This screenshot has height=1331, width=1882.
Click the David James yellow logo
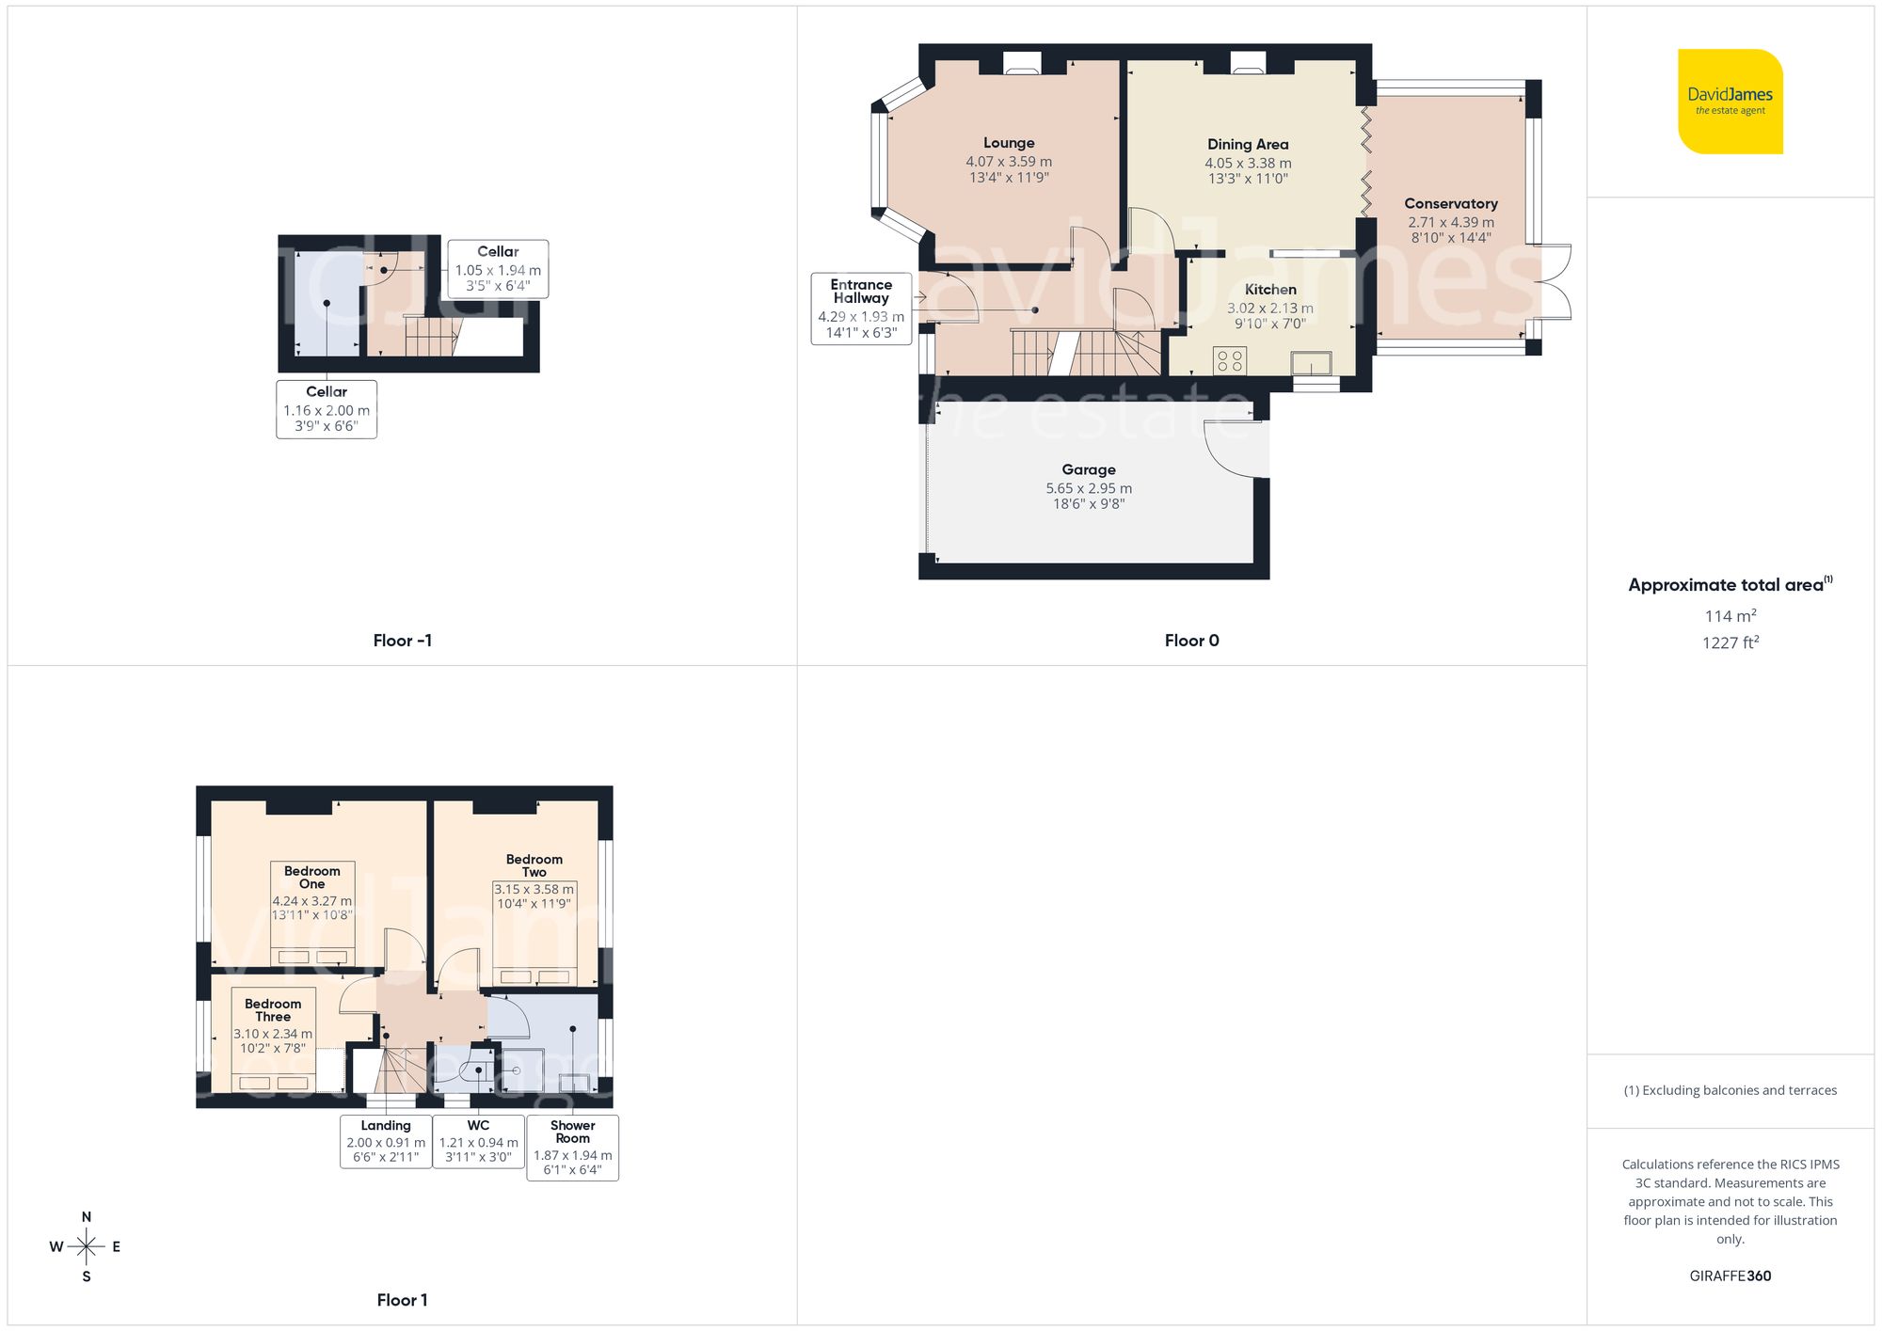tap(1730, 102)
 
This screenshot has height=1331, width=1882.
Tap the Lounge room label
tap(1009, 143)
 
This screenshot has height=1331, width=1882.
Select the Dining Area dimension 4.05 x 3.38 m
tap(1248, 163)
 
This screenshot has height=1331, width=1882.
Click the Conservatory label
tap(1450, 203)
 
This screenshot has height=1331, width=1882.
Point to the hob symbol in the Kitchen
tap(1230, 360)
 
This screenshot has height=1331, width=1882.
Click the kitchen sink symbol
tap(1311, 363)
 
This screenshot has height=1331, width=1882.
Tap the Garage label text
tap(1089, 469)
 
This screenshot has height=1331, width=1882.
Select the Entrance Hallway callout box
tap(861, 309)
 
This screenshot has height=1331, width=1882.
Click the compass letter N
tap(87, 1217)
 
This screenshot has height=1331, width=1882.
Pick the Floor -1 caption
tap(402, 641)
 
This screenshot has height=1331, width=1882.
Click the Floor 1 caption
tap(402, 1300)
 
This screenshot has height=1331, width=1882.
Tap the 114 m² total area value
tap(1730, 616)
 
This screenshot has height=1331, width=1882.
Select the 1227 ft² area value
tap(1730, 642)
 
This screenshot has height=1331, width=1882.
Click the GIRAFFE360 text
tap(1730, 1276)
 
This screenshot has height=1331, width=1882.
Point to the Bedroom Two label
tap(534, 865)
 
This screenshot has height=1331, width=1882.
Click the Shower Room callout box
tap(572, 1148)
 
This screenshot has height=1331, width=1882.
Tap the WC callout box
tap(478, 1141)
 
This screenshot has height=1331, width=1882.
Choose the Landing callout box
tap(386, 1141)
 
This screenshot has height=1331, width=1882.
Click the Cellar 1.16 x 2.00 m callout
tap(327, 409)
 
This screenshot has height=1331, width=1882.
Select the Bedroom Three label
tap(273, 1010)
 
